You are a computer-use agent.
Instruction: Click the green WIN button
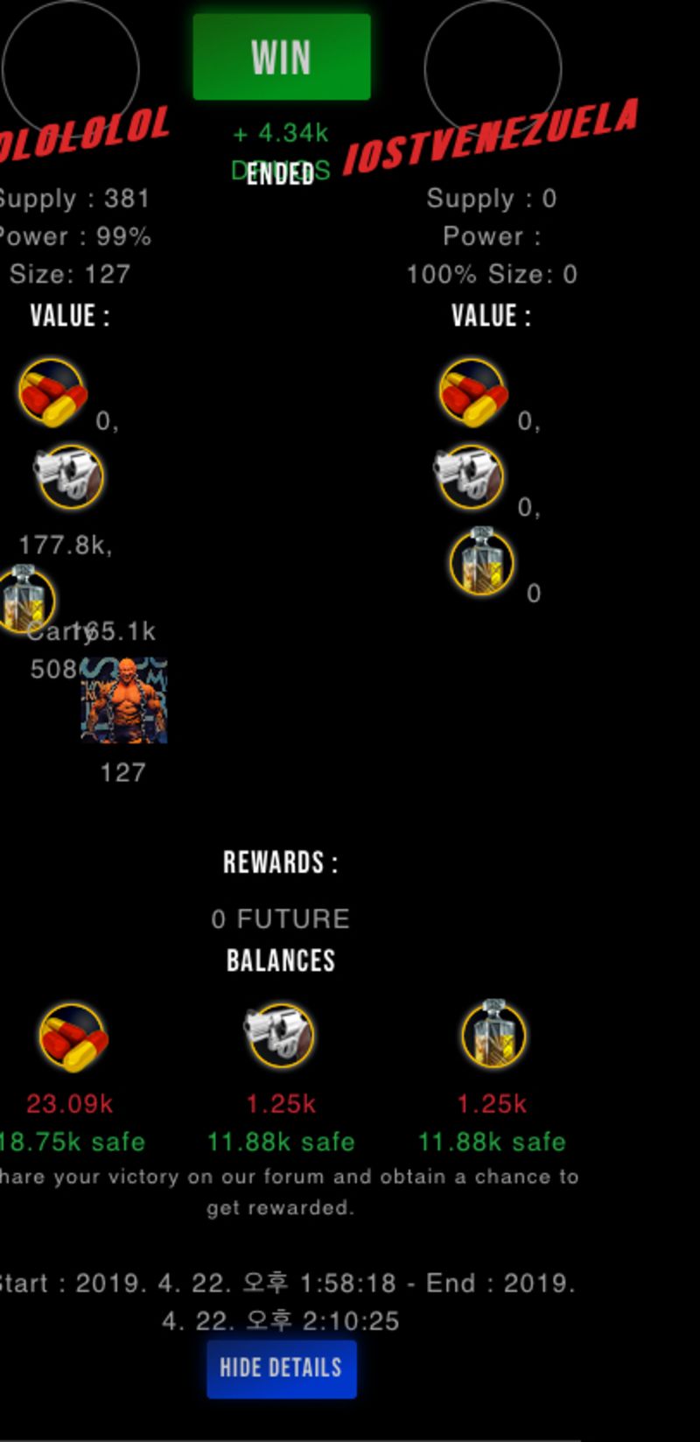click(281, 57)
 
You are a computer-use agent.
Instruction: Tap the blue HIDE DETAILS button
click(281, 1368)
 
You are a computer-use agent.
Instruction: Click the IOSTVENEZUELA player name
click(490, 136)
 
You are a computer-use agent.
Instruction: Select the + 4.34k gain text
click(281, 133)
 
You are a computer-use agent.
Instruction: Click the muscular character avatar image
click(123, 700)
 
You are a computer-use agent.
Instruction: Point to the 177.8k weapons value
click(65, 545)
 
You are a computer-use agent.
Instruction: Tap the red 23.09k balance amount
click(70, 1103)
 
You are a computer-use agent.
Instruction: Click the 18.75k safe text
click(72, 1142)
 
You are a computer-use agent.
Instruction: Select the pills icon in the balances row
click(73, 1038)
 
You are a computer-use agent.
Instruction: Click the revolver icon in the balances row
click(279, 1035)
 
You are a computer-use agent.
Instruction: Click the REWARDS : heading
click(281, 863)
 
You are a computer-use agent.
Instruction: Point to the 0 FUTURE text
click(281, 918)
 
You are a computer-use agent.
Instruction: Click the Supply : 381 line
click(73, 199)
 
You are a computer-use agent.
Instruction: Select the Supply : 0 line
click(491, 199)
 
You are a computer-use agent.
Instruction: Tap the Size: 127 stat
click(70, 274)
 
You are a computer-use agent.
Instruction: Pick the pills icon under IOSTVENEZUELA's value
click(472, 392)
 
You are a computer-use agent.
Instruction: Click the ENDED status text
click(280, 173)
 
